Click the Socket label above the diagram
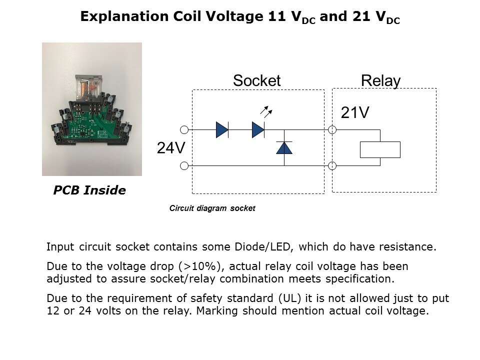coord(256,81)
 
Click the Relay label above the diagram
coord(380,81)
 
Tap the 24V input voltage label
coord(171,148)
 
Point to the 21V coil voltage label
coord(355,113)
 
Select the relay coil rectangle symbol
coord(380,149)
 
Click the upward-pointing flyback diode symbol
coord(284,147)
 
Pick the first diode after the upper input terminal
coord(222,130)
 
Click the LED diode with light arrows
coord(258,130)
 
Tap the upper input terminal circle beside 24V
coord(184,130)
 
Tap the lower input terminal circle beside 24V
coord(184,165)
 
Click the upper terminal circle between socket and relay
coord(332,130)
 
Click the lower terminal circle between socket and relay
coord(332,165)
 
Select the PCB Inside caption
coord(89,190)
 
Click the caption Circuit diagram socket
coord(212,208)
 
